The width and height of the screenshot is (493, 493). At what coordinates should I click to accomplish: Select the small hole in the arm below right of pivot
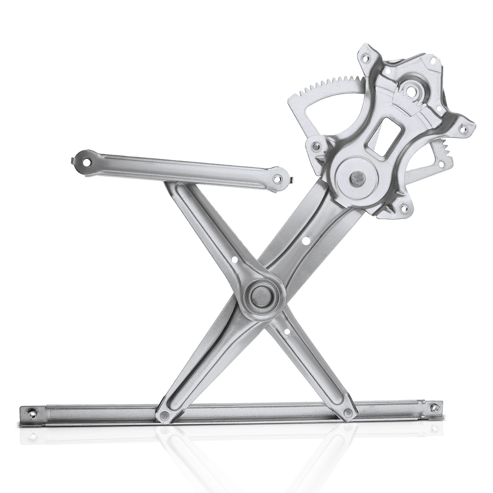(x=286, y=332)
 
